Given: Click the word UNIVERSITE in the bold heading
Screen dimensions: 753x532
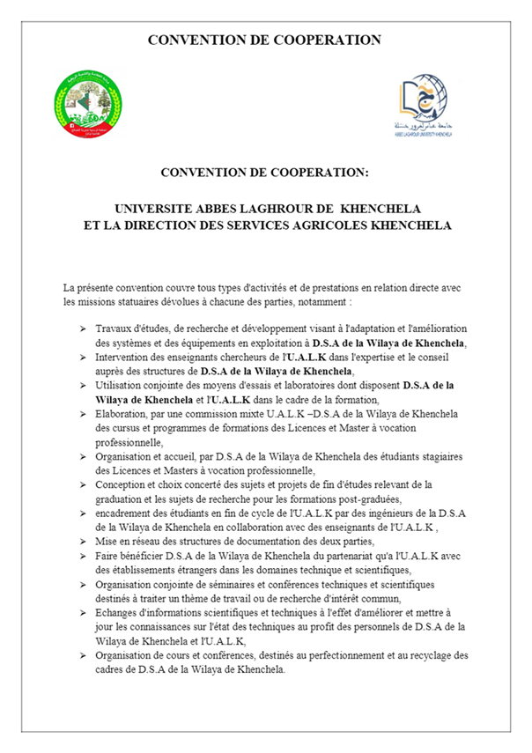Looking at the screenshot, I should [151, 208].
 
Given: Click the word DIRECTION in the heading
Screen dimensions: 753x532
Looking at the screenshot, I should [157, 225].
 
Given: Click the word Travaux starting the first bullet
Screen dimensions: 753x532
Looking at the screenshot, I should [115, 329].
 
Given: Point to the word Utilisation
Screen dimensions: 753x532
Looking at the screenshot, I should [122, 385].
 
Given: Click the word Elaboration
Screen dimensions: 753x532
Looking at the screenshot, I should [122, 413].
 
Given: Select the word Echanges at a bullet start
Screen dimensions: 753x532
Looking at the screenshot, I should [118, 611].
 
